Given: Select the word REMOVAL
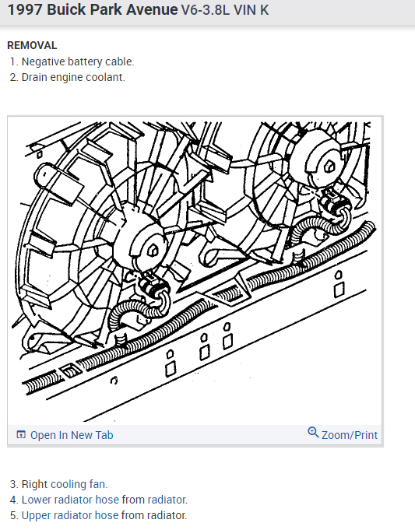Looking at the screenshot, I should tap(32, 45).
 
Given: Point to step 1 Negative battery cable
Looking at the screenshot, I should tap(77, 61).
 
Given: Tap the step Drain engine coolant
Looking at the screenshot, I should tap(72, 77).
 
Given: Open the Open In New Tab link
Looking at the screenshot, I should tap(71, 435).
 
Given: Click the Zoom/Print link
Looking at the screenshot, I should tap(350, 435).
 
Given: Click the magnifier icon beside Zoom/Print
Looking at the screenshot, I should tap(313, 433).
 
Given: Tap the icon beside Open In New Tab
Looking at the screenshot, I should tap(21, 435).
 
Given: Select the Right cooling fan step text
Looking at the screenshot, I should tap(64, 484).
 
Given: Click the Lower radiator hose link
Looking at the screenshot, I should tap(70, 500).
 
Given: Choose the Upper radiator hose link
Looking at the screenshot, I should tap(70, 515).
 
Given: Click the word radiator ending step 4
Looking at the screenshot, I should tap(167, 500).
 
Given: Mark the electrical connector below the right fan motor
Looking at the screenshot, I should tap(337, 206).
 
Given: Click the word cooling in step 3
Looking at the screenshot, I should tap(69, 484).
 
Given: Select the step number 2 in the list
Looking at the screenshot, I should tap(13, 77).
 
